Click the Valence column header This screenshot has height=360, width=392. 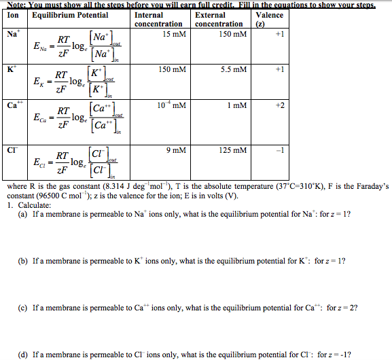tap(270, 15)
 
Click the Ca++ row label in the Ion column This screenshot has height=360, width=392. tap(13, 105)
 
